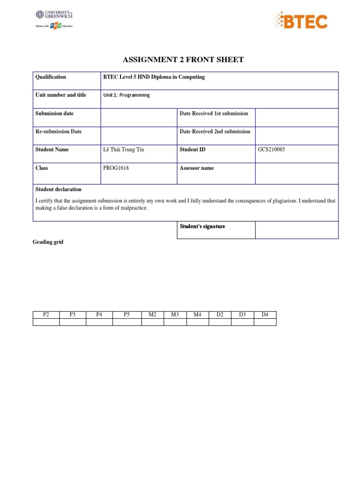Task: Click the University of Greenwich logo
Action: [x=54, y=19]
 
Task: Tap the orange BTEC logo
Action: [x=300, y=21]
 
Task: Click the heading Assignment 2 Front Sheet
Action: [x=183, y=60]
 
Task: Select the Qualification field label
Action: [x=51, y=77]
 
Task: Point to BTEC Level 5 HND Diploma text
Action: [x=154, y=77]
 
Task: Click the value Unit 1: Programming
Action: [x=127, y=95]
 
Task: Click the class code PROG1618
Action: [x=116, y=168]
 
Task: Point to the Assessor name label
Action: [x=197, y=168]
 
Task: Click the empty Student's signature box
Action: [x=296, y=230]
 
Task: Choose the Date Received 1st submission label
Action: [x=214, y=113]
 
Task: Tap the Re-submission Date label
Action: [x=59, y=131]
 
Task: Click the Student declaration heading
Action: [x=58, y=189]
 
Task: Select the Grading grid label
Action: [x=48, y=242]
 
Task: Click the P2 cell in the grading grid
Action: [x=46, y=315]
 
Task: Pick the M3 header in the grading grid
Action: [x=175, y=315]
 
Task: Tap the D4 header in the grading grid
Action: [x=265, y=315]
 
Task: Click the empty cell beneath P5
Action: [x=127, y=322]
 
